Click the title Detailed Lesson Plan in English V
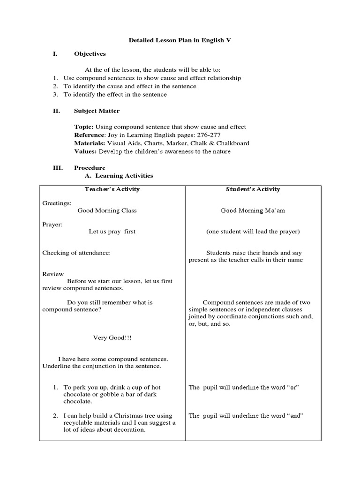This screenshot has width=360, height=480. click(180, 41)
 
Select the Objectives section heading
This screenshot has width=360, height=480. click(90, 54)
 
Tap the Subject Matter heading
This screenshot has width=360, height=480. click(97, 111)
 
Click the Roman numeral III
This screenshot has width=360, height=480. click(57, 168)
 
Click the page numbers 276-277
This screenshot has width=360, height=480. click(216, 135)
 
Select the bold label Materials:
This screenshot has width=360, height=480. click(90, 143)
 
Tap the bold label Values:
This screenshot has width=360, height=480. click(85, 151)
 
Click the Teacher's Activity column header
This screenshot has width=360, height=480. click(112, 189)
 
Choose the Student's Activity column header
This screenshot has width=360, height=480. click(253, 189)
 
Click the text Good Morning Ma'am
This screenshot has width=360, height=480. click(253, 210)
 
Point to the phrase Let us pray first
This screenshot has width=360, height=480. click(112, 232)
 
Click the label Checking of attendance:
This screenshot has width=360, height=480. click(76, 253)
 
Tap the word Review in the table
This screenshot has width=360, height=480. click(53, 274)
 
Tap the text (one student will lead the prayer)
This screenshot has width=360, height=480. click(253, 232)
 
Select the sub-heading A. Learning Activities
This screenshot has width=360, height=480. click(118, 176)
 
